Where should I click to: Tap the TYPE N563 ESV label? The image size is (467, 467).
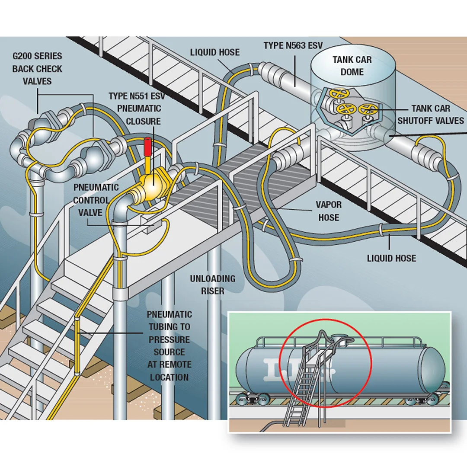tap(293, 45)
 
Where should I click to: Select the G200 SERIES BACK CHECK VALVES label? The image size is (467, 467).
tap(37, 69)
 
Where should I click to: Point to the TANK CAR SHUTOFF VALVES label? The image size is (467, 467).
tap(430, 115)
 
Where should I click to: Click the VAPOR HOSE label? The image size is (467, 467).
tap(329, 211)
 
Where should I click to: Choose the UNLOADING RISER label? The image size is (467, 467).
tap(212, 285)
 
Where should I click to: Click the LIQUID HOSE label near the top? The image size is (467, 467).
tap(214, 52)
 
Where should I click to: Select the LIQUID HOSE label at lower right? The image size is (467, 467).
tap(391, 258)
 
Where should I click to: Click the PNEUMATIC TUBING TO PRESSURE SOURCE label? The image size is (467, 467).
tap(169, 345)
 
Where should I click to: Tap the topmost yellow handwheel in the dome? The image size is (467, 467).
tap(338, 93)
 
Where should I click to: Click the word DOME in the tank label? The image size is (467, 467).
tap(352, 71)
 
